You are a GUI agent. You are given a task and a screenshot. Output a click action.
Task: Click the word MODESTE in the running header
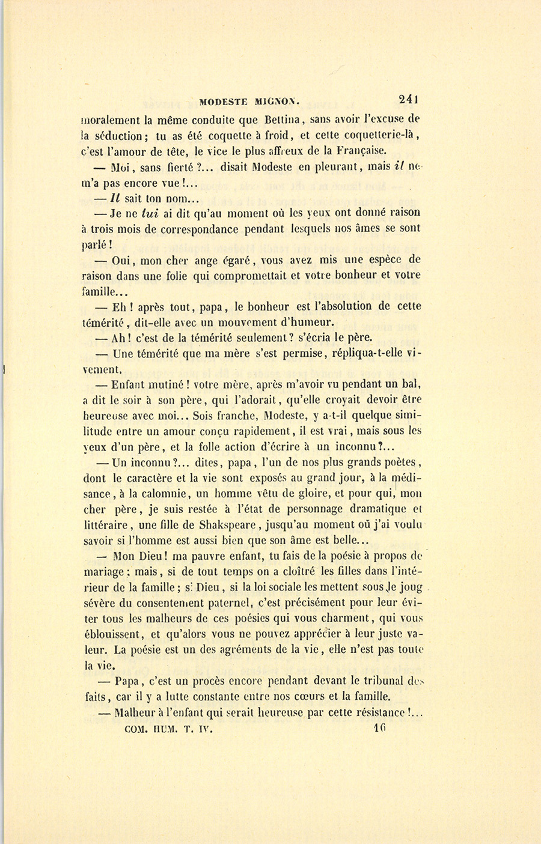(x=224, y=102)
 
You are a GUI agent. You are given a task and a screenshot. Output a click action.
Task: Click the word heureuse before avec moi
(x=110, y=415)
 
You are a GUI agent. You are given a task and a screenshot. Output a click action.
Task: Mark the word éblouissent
(x=114, y=634)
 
